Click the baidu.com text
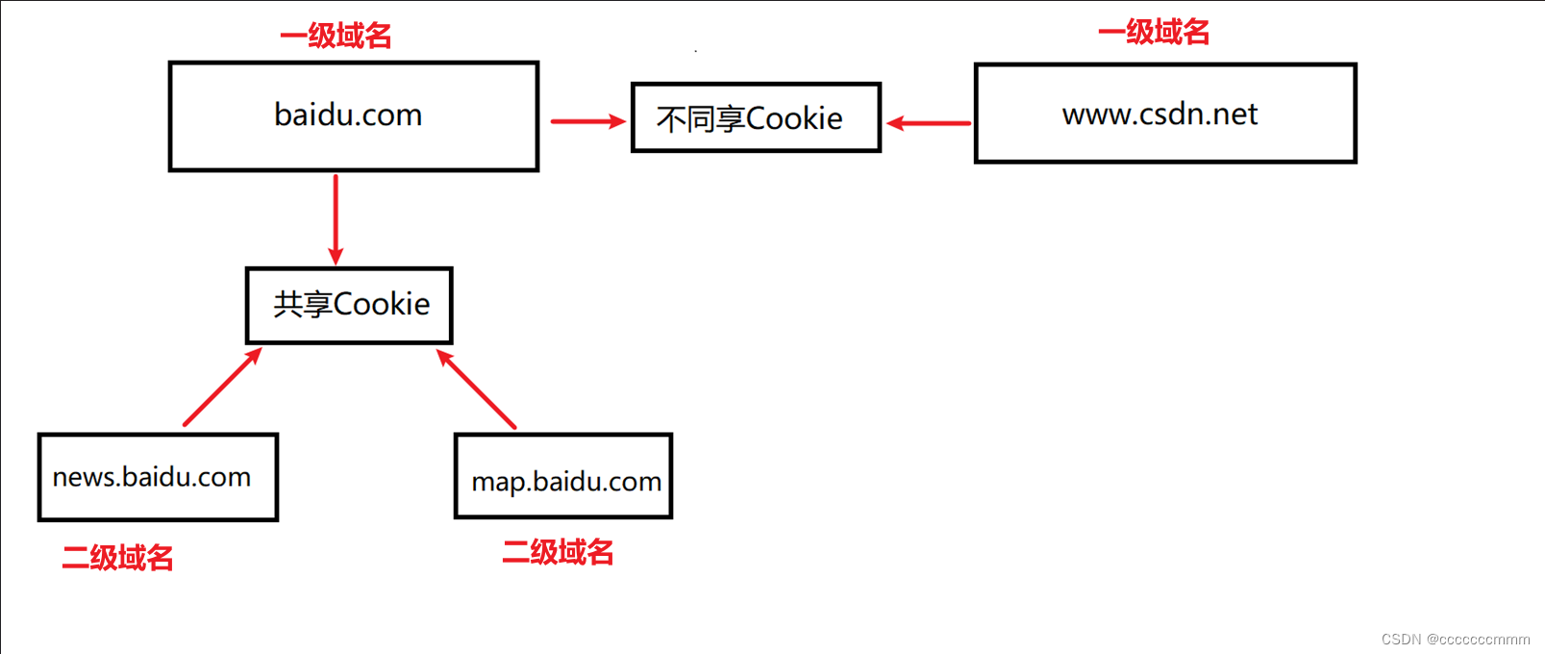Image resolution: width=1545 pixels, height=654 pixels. tap(348, 115)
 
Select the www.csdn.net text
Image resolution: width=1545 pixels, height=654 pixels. tap(1159, 114)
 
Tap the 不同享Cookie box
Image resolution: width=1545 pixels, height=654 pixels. tap(756, 117)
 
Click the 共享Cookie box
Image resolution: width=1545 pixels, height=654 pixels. tap(349, 306)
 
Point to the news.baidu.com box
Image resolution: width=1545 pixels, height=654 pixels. tap(158, 477)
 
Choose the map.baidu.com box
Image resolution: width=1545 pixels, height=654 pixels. tap(563, 477)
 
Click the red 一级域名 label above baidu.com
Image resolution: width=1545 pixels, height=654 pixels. tap(336, 36)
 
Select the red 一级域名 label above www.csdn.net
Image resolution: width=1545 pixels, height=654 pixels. tap(1154, 32)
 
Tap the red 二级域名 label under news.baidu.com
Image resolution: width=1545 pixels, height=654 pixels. tap(117, 558)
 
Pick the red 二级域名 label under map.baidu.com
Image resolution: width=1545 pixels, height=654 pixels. tap(558, 552)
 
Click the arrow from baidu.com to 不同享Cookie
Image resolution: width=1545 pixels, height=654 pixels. tap(587, 121)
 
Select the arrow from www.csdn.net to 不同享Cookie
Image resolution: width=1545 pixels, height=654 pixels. tap(929, 123)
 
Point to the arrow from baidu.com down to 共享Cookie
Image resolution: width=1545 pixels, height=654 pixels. tap(336, 218)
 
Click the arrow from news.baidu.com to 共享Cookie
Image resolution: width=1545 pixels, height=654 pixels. tap(222, 387)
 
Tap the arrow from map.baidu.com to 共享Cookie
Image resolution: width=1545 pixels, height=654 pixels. tap(476, 389)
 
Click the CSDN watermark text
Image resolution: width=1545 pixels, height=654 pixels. tap(1455, 640)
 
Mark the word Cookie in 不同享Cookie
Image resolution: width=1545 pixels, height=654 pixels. tap(793, 118)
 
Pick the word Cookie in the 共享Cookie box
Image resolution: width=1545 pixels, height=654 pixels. tap(382, 304)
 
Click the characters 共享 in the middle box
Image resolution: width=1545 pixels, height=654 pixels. tap(302, 304)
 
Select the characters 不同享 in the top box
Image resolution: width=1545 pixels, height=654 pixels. tap(700, 119)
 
